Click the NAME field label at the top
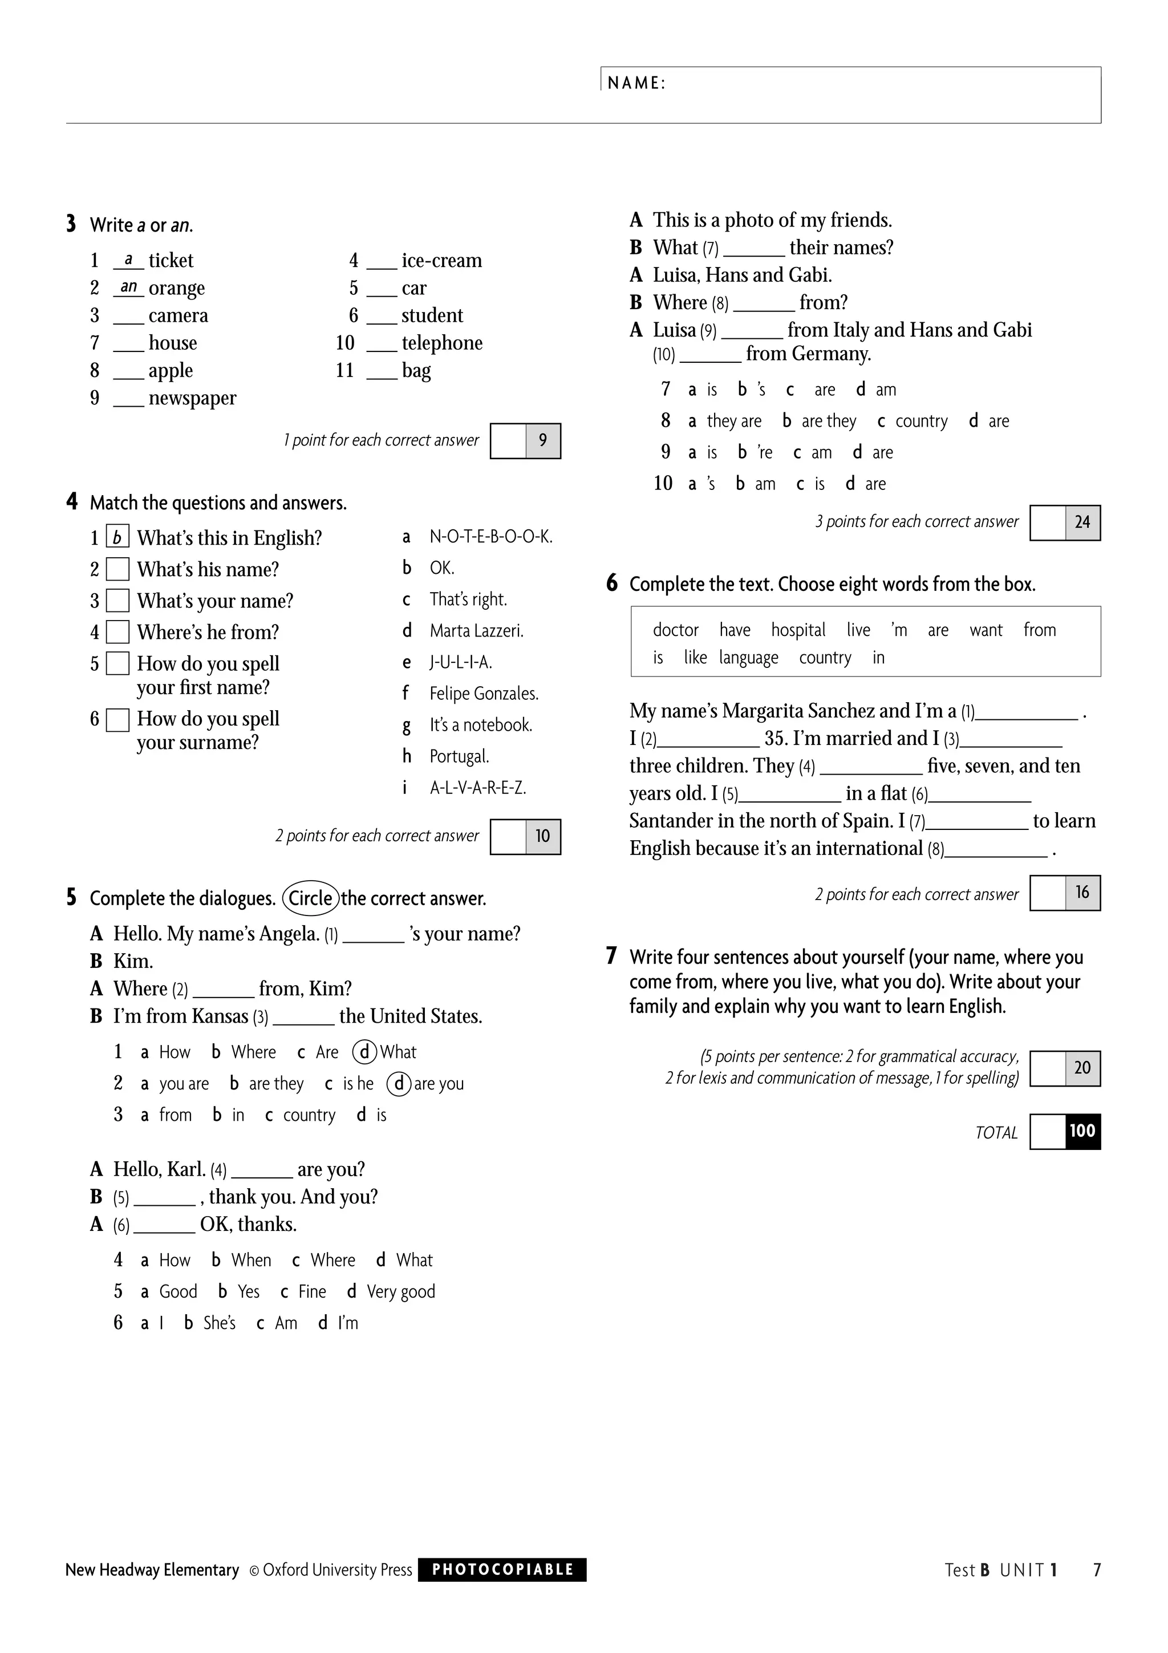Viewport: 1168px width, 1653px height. coord(636,83)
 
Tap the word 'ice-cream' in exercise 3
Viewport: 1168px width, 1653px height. coord(441,260)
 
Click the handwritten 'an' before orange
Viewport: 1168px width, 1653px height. coord(129,286)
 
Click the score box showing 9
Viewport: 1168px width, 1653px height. coord(542,440)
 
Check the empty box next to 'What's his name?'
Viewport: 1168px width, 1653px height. coord(117,569)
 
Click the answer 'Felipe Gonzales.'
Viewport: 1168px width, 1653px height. coord(484,693)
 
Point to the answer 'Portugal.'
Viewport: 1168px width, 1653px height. coord(459,756)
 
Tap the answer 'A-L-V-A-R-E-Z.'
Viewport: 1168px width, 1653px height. coord(478,788)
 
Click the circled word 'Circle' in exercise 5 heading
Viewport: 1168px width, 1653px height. coord(311,898)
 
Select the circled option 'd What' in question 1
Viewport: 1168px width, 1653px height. coord(385,1052)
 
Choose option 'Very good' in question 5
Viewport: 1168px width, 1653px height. coord(401,1291)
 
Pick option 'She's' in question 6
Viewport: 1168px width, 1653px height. coord(219,1323)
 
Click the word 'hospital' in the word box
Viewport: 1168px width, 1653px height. coord(798,630)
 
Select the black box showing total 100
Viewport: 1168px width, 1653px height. coord(1082,1131)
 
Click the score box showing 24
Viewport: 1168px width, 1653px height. coord(1082,522)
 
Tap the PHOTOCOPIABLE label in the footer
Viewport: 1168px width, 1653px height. coord(502,1570)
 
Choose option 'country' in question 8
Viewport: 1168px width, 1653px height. coord(921,421)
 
